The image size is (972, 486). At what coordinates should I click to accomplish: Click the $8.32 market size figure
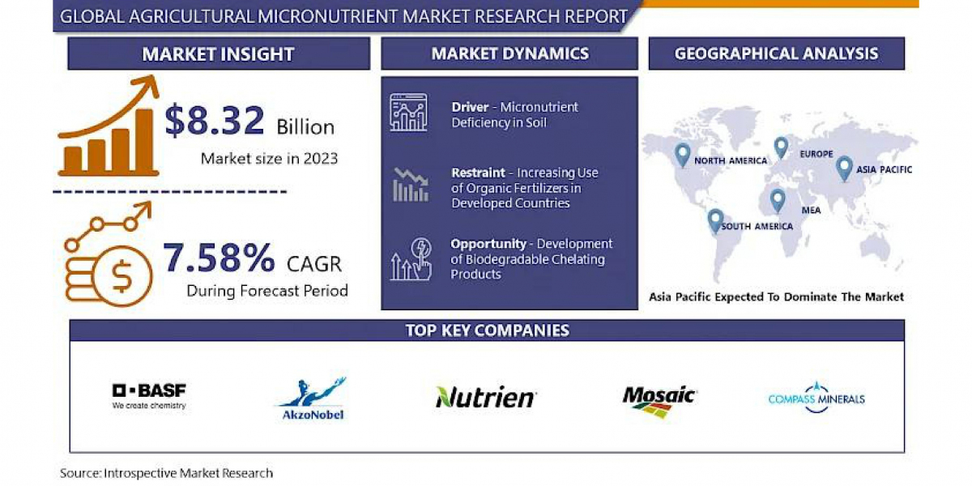[x=215, y=120]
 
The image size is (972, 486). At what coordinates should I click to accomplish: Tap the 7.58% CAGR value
[x=219, y=258]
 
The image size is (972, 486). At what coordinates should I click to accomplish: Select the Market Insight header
[x=218, y=53]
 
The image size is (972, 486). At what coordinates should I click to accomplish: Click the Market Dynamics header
[x=509, y=53]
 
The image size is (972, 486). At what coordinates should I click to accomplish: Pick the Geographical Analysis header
[x=776, y=53]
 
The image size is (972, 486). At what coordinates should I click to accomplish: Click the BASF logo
[x=149, y=396]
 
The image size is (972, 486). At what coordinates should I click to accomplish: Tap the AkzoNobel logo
[x=313, y=399]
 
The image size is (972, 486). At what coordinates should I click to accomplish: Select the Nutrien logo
[x=486, y=397]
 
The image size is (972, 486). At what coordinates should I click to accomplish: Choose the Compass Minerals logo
[x=816, y=398]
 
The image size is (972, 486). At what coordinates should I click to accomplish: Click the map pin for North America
[x=683, y=155]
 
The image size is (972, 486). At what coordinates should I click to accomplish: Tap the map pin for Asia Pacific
[x=844, y=168]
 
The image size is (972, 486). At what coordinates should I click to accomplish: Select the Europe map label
[x=816, y=154]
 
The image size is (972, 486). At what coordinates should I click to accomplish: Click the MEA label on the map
[x=811, y=211]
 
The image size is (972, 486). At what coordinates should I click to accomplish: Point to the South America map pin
[x=715, y=221]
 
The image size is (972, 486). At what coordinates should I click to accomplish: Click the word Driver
[x=470, y=107]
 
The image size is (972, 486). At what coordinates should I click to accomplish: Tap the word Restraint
[x=478, y=173]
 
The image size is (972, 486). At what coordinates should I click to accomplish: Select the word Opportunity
[x=488, y=244]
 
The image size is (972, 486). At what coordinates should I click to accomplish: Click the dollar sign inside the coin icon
[x=122, y=276]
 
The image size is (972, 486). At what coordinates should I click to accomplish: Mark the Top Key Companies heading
[x=488, y=330]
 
